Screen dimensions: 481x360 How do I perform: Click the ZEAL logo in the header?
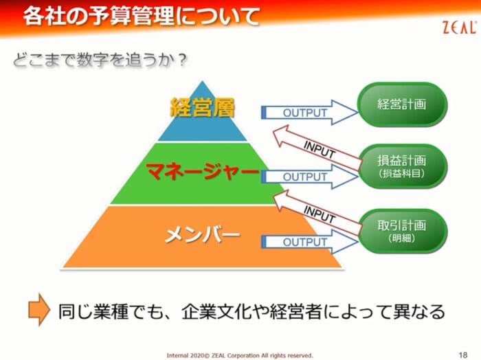click(460, 27)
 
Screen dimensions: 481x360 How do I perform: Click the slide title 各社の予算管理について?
click(142, 16)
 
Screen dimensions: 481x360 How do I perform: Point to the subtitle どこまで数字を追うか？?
click(100, 60)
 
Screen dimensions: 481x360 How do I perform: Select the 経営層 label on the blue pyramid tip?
click(202, 107)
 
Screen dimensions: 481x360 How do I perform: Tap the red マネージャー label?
click(202, 172)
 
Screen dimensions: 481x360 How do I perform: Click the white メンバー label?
click(202, 235)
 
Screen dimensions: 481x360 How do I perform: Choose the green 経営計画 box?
click(402, 104)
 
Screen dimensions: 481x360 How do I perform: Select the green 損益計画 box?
click(402, 166)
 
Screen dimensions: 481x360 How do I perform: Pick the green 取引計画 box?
click(402, 231)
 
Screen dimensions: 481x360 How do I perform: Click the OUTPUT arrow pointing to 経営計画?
click(309, 113)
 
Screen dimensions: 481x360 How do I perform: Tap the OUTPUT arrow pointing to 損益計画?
click(309, 177)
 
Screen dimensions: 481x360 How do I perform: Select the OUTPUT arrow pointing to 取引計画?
click(309, 242)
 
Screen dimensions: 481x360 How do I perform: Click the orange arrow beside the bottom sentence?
click(39, 309)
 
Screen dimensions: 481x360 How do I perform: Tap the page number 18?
click(463, 355)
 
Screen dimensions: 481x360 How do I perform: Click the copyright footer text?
click(240, 355)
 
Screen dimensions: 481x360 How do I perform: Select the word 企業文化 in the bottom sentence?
click(217, 311)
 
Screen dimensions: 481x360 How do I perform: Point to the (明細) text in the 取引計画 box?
click(401, 238)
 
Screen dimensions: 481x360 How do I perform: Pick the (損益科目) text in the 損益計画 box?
click(401, 174)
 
